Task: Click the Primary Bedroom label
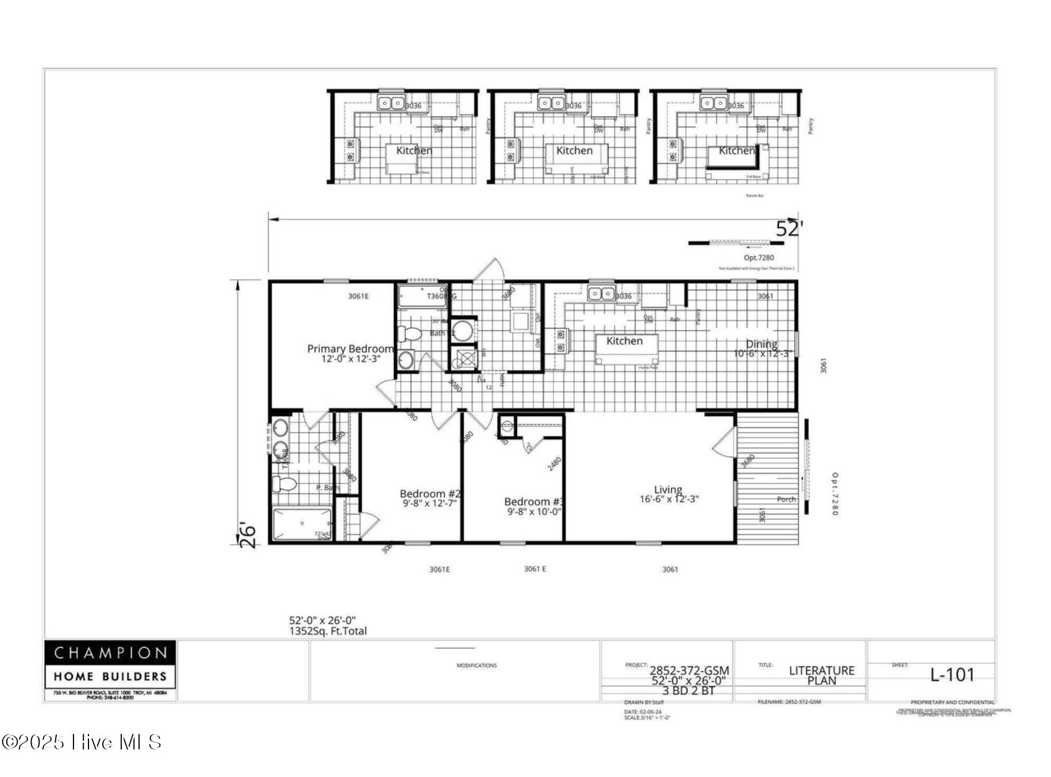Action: point(350,348)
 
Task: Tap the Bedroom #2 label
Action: point(430,494)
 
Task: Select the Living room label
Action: point(668,489)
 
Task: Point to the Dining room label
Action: point(762,344)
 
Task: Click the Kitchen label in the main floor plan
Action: point(624,341)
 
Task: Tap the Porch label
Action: point(786,499)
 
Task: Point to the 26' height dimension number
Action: point(248,535)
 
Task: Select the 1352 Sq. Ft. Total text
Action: point(327,631)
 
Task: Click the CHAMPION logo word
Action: point(110,653)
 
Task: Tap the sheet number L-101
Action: point(952,675)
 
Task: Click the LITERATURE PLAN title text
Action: point(821,675)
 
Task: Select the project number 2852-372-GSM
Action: point(689,670)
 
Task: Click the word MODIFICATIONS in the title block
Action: point(477,666)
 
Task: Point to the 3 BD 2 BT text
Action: point(689,691)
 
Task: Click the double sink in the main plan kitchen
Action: point(601,294)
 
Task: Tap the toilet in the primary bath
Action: point(283,484)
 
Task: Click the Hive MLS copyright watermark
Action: point(82,743)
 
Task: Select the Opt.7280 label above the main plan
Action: point(759,258)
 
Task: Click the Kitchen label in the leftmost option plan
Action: point(414,150)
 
